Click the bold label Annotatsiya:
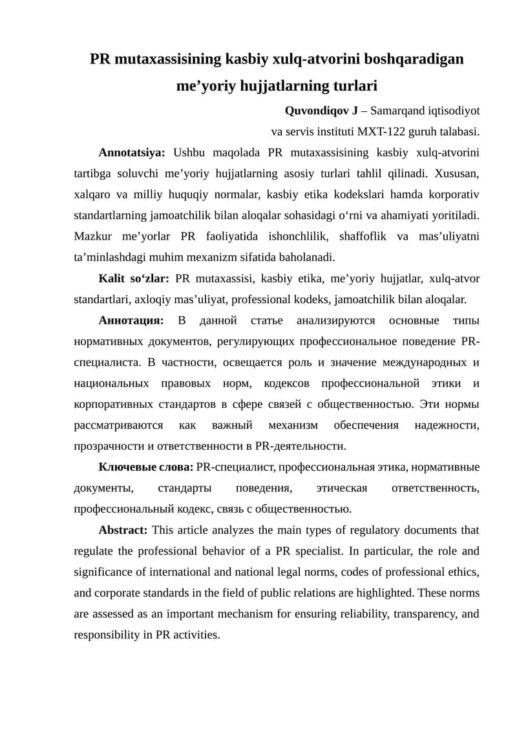tap(132, 153)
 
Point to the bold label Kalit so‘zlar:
tap(134, 279)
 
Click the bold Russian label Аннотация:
tap(131, 321)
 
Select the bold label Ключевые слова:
tap(145, 467)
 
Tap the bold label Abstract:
tap(123, 530)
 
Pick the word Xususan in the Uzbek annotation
tap(458, 174)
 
